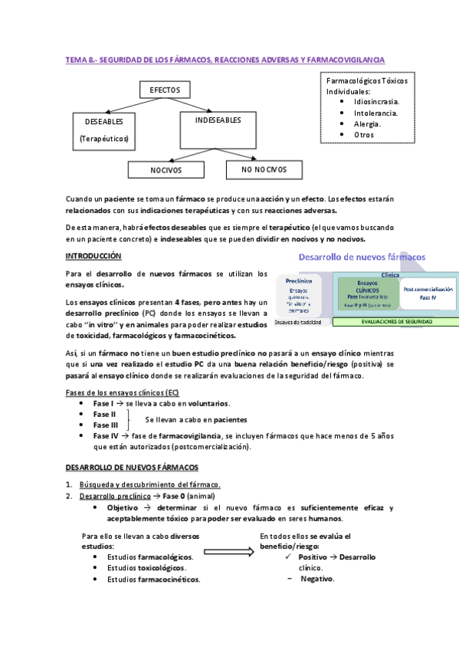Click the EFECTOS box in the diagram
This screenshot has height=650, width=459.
click(164, 90)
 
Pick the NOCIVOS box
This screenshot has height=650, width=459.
click(171, 169)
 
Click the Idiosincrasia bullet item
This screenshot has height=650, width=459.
click(376, 101)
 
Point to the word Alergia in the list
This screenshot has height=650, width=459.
click(367, 123)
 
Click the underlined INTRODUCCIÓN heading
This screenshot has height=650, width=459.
click(93, 255)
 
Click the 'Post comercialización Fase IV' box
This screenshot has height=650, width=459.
click(428, 293)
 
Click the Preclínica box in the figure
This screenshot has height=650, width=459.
click(298, 295)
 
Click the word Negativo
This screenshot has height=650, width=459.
click(316, 579)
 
